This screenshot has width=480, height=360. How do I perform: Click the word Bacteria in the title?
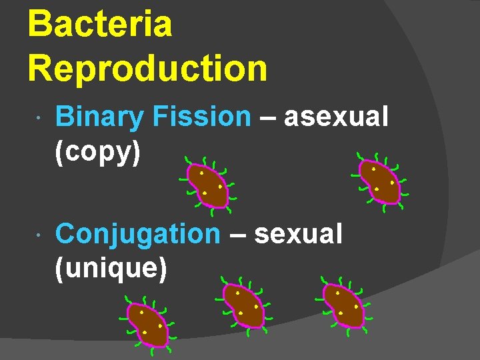coord(100,24)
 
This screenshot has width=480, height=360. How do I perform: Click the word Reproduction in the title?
coord(147,67)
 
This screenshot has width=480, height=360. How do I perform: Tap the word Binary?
coord(99,117)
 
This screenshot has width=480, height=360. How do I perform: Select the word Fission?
coord(201,117)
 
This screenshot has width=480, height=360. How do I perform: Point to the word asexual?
coord(335,117)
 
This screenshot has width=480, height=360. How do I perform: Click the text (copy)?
coord(98,152)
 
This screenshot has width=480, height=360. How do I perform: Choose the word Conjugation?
coord(137,234)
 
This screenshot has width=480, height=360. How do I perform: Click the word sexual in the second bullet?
coord(298,234)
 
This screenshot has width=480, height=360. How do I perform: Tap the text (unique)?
coord(110,268)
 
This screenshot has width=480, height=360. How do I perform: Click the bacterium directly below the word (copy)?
coord(207,185)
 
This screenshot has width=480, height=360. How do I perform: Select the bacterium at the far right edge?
coord(379,180)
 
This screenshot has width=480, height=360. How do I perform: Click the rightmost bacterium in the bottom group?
coord(343,305)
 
